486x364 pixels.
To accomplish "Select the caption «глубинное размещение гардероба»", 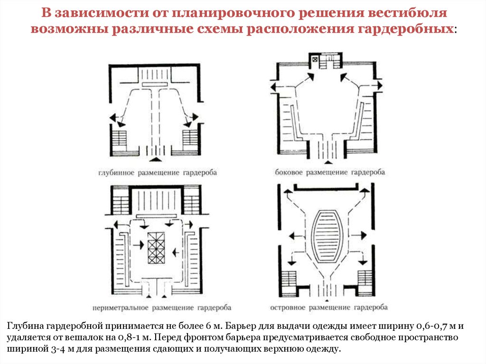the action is (158, 173).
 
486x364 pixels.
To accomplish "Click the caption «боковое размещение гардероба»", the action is (330, 172).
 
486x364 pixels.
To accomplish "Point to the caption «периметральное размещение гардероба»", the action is (162, 308).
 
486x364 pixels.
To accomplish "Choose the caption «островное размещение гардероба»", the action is (329, 307).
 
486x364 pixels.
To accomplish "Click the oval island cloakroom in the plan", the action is (328, 236).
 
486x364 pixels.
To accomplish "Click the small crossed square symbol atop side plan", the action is (315, 59).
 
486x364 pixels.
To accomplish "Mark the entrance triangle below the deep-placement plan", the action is (155, 159).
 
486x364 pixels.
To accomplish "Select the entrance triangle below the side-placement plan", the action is (328, 162).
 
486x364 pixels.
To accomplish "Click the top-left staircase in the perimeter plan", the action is (120, 201).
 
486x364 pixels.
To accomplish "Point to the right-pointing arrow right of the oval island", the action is (358, 235).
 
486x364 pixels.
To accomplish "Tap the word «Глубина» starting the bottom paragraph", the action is (26, 327).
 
